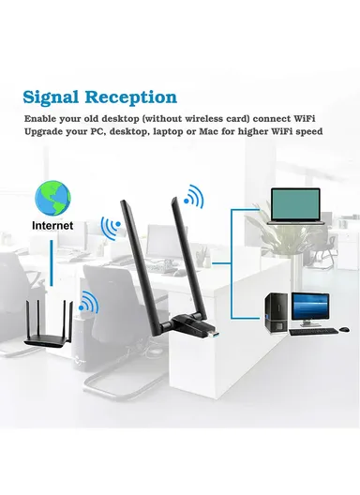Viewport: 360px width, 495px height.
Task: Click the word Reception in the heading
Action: [x=130, y=97]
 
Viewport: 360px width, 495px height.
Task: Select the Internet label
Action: [x=54, y=226]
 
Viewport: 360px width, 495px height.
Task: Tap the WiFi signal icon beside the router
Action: [x=90, y=302]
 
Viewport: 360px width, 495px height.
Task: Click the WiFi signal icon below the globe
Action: [x=111, y=229]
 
